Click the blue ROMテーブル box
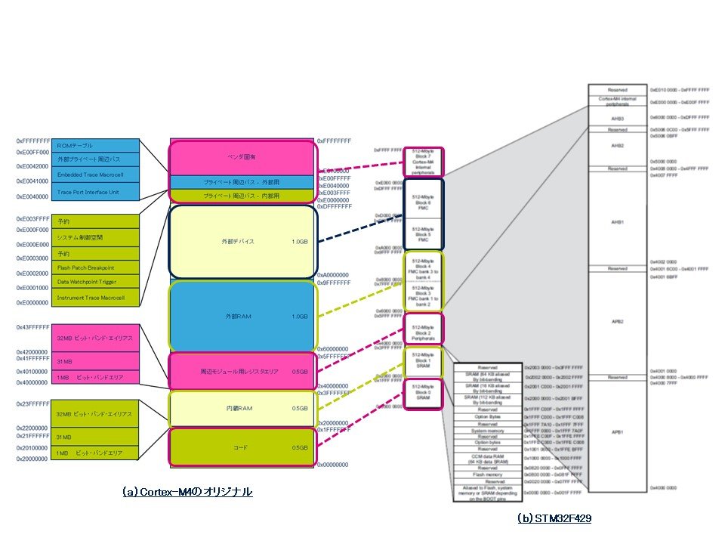tap(97, 146)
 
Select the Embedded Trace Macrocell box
tap(97, 175)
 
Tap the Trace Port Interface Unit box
tap(97, 192)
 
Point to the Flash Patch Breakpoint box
tap(97, 267)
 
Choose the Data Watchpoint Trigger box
tap(97, 281)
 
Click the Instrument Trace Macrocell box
tap(97, 297)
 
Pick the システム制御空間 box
tap(97, 237)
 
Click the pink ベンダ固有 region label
tap(239, 157)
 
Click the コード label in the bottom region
tap(239, 447)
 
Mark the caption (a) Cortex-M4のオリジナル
tap(187, 492)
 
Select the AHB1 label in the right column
tap(617, 222)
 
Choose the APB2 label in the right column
tap(617, 321)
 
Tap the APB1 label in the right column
tap(617, 432)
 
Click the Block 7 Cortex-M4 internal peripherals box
tap(424, 160)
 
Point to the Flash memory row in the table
tap(487, 474)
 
